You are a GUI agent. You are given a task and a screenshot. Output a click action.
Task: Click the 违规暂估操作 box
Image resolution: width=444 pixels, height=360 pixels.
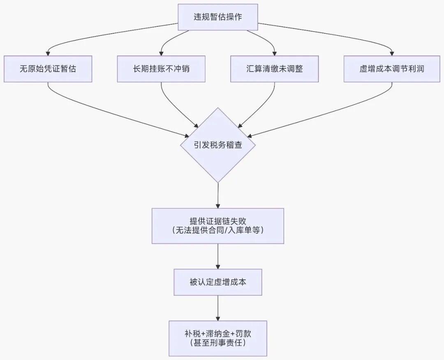tap(217, 17)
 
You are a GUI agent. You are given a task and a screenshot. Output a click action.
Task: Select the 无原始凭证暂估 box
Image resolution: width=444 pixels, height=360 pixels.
tap(48, 69)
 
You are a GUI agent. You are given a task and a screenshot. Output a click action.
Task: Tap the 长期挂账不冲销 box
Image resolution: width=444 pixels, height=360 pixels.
tap(161, 69)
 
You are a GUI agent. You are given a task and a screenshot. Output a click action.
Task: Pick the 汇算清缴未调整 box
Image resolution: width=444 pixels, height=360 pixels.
tap(274, 69)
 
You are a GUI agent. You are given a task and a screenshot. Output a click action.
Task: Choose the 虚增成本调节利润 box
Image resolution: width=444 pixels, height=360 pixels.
tap(391, 69)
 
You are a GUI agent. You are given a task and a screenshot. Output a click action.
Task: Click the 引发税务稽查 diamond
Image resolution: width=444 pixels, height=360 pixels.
tap(217, 145)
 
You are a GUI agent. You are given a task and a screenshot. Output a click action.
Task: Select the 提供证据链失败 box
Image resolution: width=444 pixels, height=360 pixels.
tap(217, 225)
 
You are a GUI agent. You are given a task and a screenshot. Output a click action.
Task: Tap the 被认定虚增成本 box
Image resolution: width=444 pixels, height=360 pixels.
tap(217, 282)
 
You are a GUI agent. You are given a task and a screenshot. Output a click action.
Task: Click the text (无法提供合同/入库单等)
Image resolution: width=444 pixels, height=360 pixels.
tap(217, 231)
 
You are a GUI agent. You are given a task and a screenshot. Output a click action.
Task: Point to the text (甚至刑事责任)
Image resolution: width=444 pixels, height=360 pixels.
tap(217, 343)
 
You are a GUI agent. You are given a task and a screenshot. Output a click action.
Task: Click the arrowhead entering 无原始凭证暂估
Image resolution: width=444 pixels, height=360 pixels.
tap(48, 53)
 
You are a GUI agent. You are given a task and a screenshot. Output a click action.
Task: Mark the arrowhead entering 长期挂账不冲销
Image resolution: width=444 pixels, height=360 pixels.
tap(161, 53)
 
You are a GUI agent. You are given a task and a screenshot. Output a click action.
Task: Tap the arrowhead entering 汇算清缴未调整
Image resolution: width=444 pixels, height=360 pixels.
tap(274, 53)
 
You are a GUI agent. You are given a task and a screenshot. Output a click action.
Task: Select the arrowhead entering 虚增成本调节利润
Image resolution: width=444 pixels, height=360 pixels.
tap(391, 53)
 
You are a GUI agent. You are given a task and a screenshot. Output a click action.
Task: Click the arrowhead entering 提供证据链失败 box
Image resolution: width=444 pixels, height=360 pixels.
tap(217, 205)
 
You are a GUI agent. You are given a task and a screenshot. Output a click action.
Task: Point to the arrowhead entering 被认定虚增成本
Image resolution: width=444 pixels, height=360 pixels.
tap(217, 266)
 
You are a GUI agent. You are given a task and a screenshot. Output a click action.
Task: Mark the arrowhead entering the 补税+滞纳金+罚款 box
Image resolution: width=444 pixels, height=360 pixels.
tap(217, 318)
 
